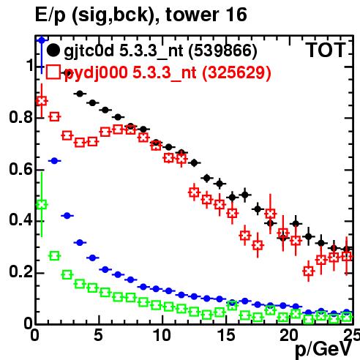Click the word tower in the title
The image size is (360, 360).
192,15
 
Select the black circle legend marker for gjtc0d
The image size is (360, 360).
53,50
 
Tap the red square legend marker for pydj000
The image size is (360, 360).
53,72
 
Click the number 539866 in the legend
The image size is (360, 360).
223,50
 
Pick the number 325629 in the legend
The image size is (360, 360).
237,72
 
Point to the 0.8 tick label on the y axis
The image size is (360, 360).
21,117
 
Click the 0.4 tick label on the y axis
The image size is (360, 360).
21,220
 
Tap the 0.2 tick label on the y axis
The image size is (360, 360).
21,271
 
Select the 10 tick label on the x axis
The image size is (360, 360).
162,335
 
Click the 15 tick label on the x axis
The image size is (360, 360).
226,335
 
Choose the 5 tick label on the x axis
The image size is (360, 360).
98,335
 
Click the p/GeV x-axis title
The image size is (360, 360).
323,350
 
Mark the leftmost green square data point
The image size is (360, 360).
42,205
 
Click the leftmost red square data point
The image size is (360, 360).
42,101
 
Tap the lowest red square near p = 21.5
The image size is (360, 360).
309,271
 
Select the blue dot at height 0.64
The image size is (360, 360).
54,161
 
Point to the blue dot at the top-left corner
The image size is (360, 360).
42,40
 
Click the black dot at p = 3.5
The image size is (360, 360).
80,94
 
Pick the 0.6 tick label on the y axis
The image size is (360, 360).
21,169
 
